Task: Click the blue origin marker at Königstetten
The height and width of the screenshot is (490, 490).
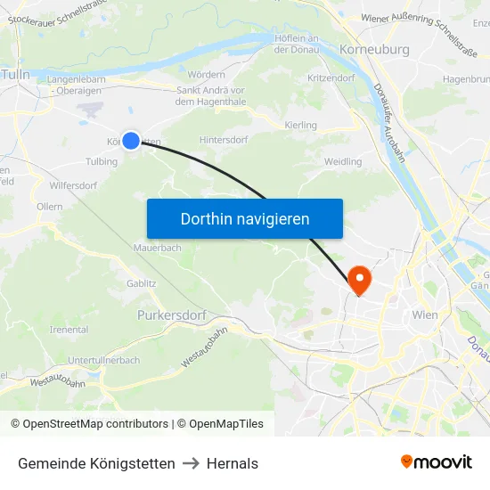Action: click(131, 140)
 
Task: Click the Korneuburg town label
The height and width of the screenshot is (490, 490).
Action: click(374, 50)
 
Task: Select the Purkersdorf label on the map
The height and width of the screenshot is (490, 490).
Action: click(172, 315)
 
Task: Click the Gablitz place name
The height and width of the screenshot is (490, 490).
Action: click(142, 283)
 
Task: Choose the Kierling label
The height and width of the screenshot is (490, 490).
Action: click(300, 126)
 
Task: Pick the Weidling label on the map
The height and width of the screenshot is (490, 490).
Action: click(343, 161)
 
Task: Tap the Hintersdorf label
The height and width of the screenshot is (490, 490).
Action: click(224, 140)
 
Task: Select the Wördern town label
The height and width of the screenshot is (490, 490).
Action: click(207, 74)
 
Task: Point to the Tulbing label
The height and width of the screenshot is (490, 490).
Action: click(102, 161)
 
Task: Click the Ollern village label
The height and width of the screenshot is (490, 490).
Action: click(50, 206)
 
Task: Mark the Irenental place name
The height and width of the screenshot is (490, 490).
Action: click(69, 330)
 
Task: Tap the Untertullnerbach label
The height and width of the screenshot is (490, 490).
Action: click(103, 360)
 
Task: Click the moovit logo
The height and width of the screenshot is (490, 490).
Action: click(437, 461)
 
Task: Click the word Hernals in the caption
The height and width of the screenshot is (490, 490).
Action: click(233, 463)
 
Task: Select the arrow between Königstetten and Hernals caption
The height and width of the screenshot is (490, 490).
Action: click(191, 463)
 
